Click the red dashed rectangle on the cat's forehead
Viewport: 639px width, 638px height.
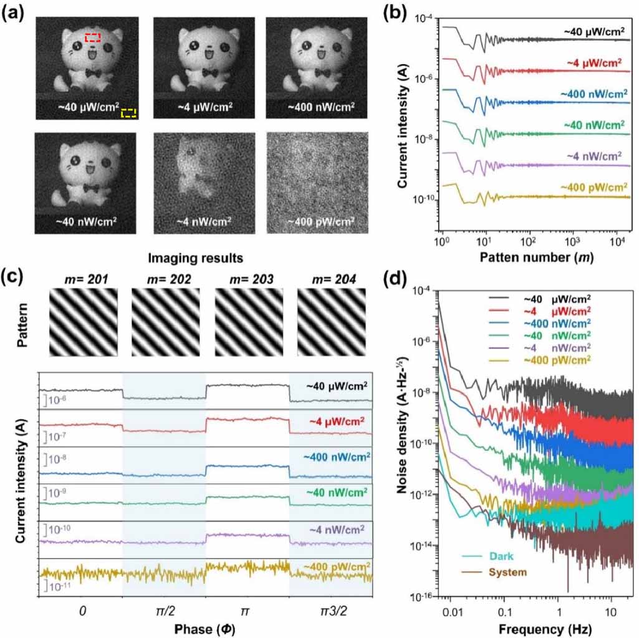click(x=93, y=38)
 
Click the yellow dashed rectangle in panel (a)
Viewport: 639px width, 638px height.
click(x=128, y=113)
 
